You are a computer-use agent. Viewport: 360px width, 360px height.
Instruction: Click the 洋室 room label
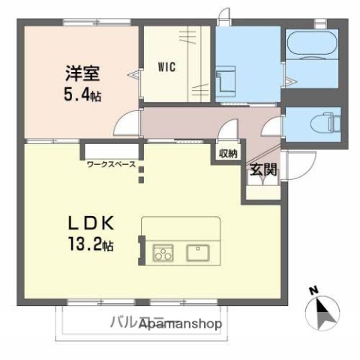click(x=82, y=75)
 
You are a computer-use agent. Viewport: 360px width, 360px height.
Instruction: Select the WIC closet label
click(x=166, y=67)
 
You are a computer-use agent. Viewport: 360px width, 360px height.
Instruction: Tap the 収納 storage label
click(x=228, y=154)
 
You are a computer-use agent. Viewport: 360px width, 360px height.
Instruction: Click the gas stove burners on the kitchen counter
click(x=163, y=253)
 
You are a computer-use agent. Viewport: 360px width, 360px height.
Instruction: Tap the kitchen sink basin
click(x=199, y=252)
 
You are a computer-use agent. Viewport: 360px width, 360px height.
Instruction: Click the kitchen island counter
click(x=181, y=241)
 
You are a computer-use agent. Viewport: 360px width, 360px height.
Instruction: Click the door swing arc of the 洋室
click(x=131, y=120)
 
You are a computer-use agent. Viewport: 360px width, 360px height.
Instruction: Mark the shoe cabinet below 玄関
click(x=261, y=189)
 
